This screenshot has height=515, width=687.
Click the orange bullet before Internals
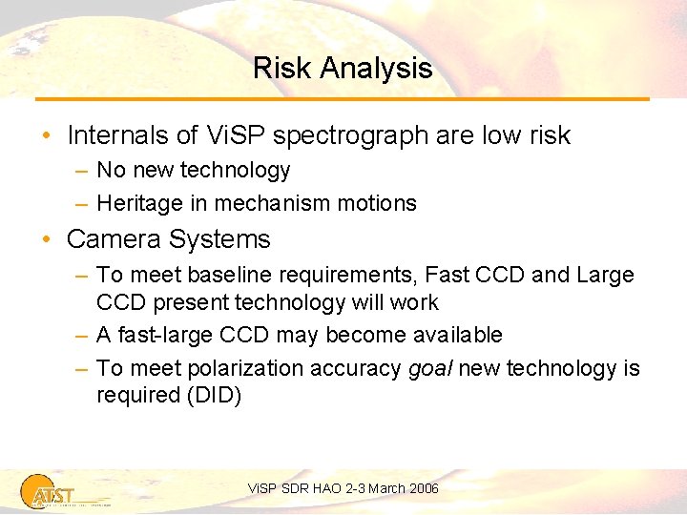coord(46,136)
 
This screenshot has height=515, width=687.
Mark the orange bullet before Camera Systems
coord(46,239)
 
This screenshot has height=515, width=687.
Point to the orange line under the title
coord(343,98)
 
